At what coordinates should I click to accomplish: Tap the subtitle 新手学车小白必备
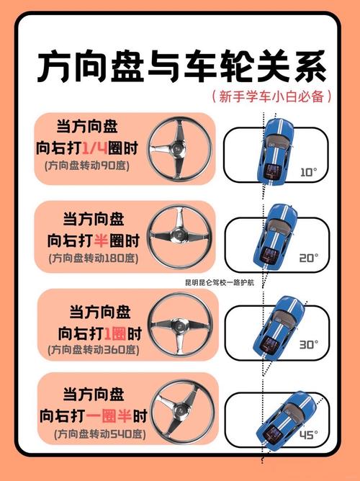coord(271,97)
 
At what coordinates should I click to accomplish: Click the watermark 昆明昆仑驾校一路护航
coord(223,282)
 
